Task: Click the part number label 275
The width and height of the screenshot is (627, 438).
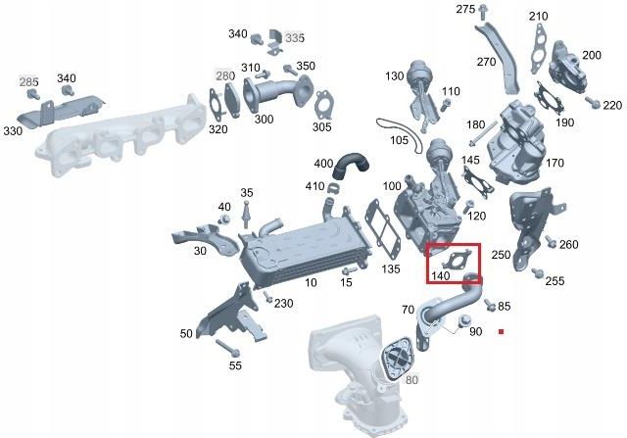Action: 464,9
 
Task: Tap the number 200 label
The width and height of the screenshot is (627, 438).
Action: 592,55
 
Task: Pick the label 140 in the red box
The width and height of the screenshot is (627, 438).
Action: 440,276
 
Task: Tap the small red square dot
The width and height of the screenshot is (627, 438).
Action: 501,332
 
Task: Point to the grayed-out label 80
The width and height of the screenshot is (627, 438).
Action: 412,379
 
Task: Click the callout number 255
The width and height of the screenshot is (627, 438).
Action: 555,281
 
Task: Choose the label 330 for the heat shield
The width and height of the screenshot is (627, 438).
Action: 13,130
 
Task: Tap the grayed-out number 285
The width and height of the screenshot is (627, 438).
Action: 29,80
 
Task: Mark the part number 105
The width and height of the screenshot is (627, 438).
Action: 399,139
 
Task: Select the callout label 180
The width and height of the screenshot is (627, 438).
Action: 476,124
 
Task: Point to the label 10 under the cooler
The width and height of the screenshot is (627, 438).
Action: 312,282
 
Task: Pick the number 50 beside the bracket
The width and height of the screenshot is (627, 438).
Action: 186,334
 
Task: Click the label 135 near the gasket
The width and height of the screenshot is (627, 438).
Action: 391,268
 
